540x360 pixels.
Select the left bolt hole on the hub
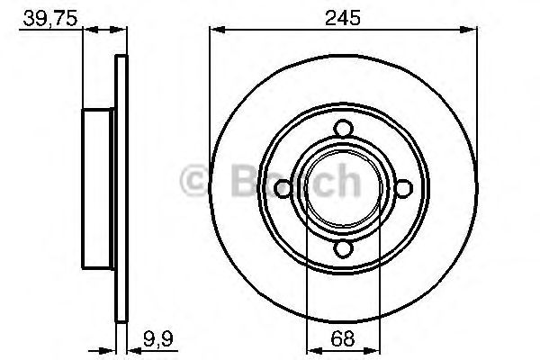[281, 188]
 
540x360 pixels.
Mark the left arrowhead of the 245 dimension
[216, 30]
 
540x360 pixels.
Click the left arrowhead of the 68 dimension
[311, 352]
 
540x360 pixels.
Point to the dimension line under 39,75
[103, 30]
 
